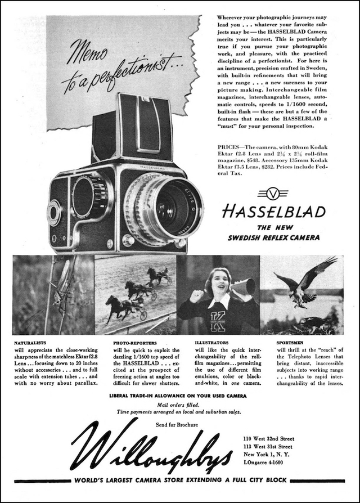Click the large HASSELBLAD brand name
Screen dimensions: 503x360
(x=273, y=212)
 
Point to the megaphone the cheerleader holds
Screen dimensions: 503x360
(x=243, y=287)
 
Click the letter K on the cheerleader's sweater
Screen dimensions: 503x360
(x=216, y=321)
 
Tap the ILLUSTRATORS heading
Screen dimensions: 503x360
(x=211, y=342)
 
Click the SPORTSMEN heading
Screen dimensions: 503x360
(x=291, y=342)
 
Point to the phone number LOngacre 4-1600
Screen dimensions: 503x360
(x=264, y=462)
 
